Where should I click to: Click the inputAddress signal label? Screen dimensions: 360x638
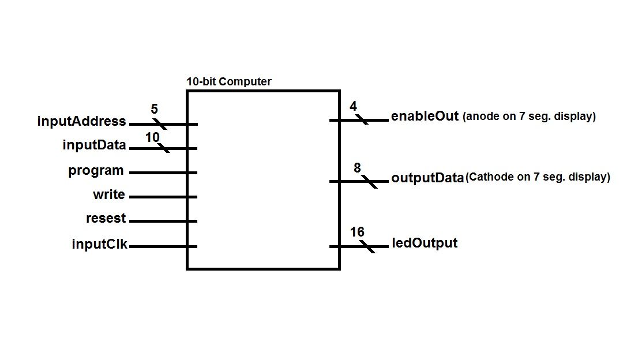pos(81,122)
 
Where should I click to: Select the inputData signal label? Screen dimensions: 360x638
pos(94,145)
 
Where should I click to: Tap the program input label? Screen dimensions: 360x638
pos(96,171)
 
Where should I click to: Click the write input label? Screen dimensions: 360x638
pos(109,195)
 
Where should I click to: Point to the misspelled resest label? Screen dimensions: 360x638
pos(106,219)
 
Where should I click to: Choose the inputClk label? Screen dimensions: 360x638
pos(99,244)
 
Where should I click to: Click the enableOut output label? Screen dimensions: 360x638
pos(425,116)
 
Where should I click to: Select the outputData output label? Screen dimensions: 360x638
pos(427,177)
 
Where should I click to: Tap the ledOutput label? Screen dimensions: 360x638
pos(425,243)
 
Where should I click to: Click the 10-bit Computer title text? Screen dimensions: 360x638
pos(228,82)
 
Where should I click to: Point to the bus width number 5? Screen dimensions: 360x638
pos(155,109)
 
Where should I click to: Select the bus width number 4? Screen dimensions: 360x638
pos(353,106)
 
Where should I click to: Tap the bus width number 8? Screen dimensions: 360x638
pos(357,168)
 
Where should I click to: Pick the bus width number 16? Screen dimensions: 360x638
pos(357,232)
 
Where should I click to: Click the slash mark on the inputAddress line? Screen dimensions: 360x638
pos(160,124)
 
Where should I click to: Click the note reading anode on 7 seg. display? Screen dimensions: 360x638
pos(529,117)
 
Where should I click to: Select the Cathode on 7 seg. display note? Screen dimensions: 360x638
pos(538,177)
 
